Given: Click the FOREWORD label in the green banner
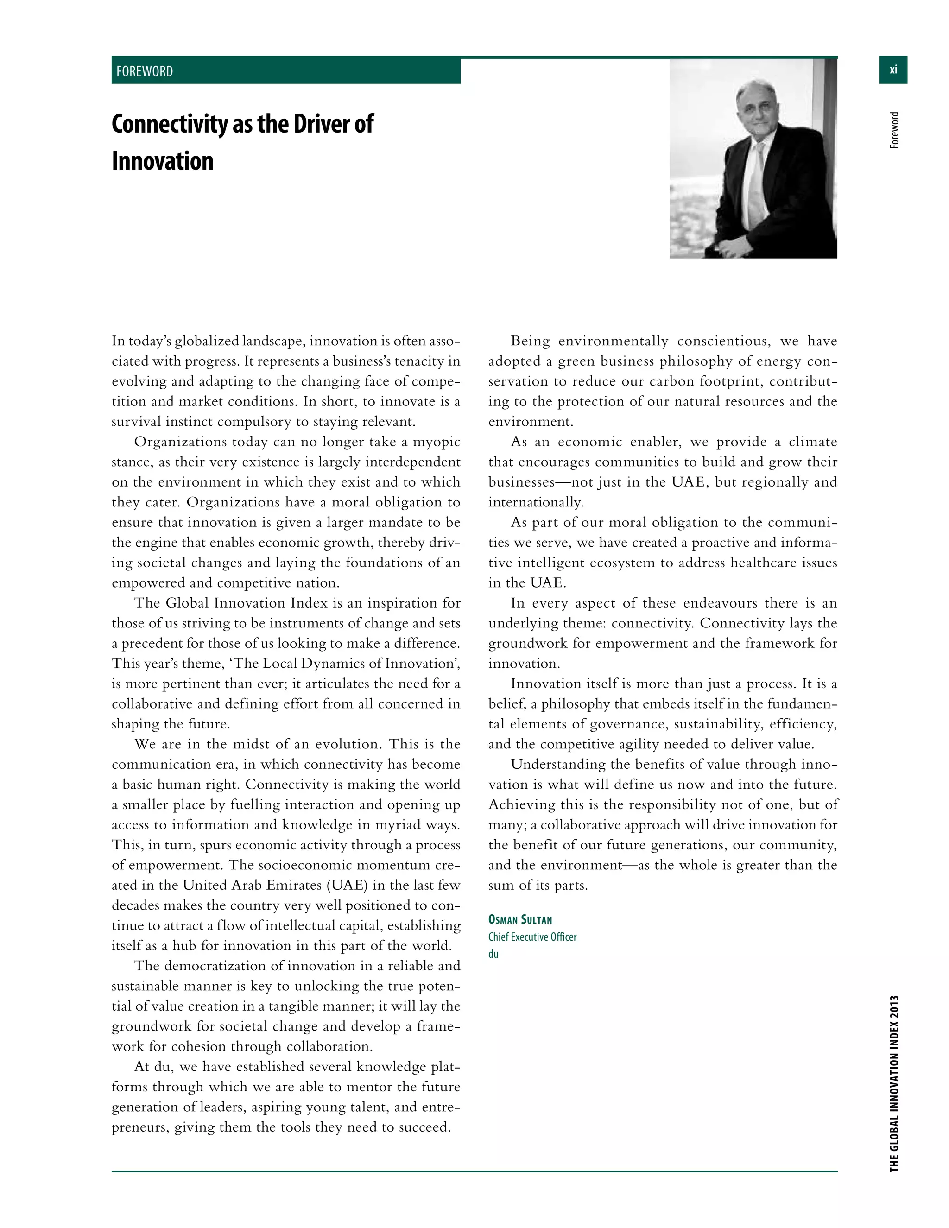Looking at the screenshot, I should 145,71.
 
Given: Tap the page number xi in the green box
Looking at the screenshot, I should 893,70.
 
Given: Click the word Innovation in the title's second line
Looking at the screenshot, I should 163,161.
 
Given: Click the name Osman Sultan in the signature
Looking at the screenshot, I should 520,920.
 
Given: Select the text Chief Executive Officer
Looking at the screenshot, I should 532,937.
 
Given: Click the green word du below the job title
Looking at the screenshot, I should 493,954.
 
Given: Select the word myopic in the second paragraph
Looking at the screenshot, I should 436,442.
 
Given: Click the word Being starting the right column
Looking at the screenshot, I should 530,342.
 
